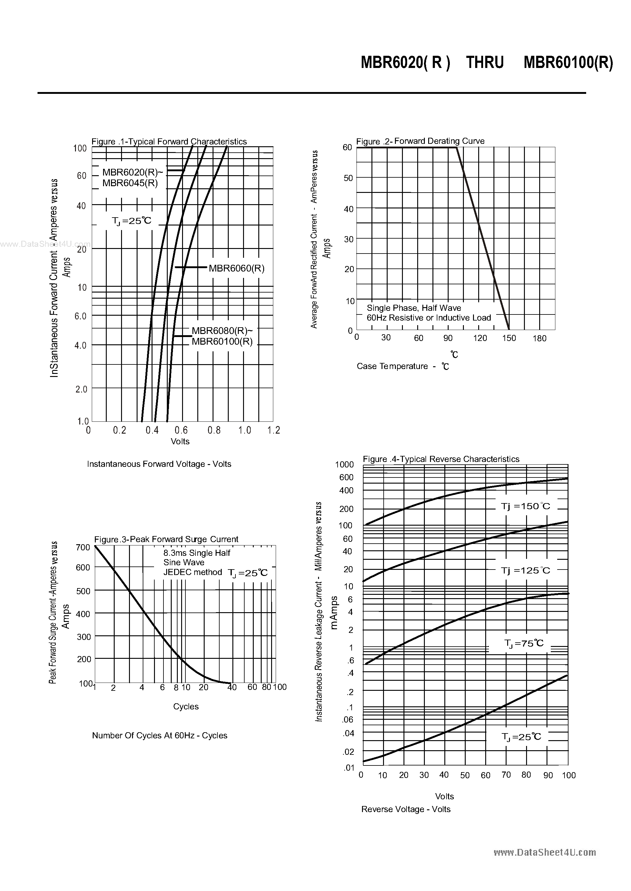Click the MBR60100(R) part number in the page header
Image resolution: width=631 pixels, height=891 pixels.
[568, 62]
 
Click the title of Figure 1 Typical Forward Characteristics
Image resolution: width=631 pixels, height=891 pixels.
[169, 141]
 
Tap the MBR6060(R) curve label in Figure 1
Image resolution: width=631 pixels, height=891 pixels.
[237, 268]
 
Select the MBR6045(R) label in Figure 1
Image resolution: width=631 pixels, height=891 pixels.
[130, 183]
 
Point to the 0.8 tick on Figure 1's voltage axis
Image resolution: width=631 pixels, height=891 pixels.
[214, 430]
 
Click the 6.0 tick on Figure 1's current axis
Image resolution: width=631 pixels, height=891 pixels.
[81, 316]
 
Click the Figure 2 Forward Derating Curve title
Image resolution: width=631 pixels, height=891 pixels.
[420, 141]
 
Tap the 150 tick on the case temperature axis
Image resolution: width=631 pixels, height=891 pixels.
[509, 338]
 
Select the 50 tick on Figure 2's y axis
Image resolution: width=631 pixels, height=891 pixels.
[348, 178]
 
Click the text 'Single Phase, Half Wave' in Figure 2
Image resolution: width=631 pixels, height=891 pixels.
[414, 308]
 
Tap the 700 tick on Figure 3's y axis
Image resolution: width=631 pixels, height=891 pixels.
[83, 547]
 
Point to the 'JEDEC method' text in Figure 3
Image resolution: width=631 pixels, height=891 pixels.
[192, 572]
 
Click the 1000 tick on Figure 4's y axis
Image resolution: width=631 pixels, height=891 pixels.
[344, 464]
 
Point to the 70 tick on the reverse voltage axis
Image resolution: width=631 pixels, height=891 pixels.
[506, 775]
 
